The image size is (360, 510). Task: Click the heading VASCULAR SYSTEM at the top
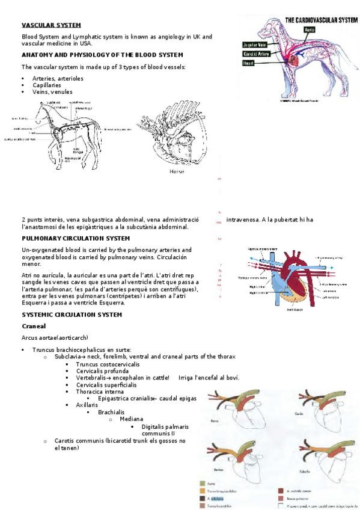coord(51,25)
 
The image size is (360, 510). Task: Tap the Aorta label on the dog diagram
coord(309,29)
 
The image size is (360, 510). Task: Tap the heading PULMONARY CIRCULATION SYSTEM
coord(75,238)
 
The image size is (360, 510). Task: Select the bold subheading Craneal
coord(34,325)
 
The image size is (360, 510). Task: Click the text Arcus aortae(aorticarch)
coord(55,337)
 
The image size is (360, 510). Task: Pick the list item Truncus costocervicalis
coord(108,364)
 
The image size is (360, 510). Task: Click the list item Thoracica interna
coord(100,391)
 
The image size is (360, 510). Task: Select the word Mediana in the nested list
coord(131,419)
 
